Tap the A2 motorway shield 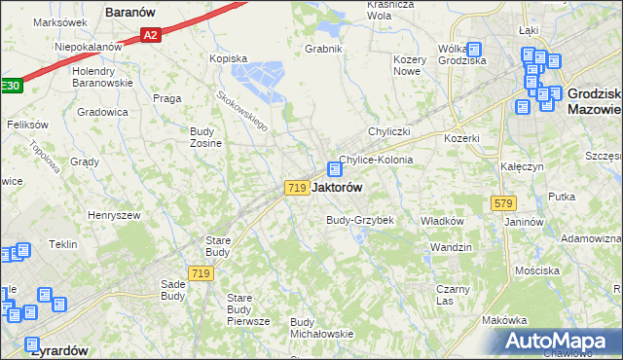tap(150, 35)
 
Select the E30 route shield tap(9, 85)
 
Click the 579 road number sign tap(503, 202)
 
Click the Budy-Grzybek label tap(359, 220)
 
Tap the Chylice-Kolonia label tap(376, 160)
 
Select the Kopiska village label tap(229, 58)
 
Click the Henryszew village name tap(114, 215)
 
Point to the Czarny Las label tap(453, 295)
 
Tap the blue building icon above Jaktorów tap(334, 168)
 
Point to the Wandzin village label tap(451, 247)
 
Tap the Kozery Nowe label tap(415, 65)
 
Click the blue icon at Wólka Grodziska tap(473, 50)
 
